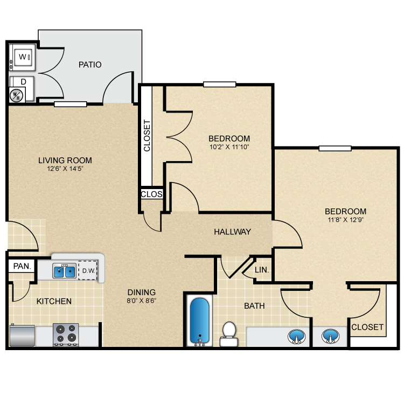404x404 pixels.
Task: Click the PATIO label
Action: coord(90,65)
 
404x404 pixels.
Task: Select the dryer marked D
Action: coord(23,82)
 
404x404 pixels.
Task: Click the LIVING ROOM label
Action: coord(65,160)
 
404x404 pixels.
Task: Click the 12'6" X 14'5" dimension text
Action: coord(65,168)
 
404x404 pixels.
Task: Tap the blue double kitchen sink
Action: coord(65,271)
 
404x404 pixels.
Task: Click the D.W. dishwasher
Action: coord(88,271)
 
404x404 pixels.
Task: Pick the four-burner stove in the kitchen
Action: coord(66,334)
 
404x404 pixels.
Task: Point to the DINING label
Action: coord(142,292)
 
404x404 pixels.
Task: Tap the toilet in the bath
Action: coord(229,333)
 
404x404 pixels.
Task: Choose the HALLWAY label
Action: coord(233,232)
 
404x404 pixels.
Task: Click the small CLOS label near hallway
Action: coord(151,194)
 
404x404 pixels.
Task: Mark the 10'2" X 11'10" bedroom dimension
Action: coord(229,147)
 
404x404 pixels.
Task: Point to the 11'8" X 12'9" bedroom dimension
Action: coord(345,220)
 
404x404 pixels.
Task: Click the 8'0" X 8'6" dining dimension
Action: coord(142,301)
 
